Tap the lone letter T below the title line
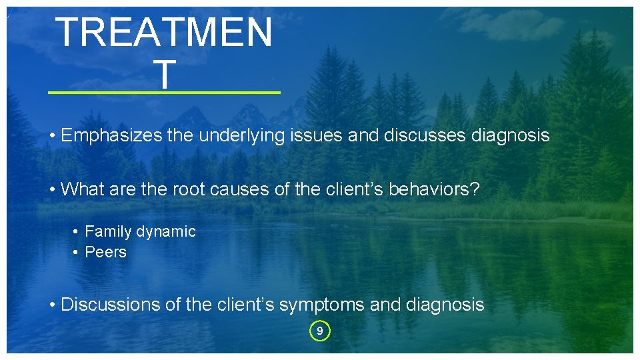(165, 73)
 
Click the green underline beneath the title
(165, 93)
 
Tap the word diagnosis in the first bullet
(510, 136)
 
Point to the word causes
(239, 189)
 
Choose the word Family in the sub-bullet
(108, 232)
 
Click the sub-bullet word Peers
(105, 252)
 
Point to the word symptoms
(321, 305)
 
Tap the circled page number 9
(320, 331)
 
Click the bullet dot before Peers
(77, 252)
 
